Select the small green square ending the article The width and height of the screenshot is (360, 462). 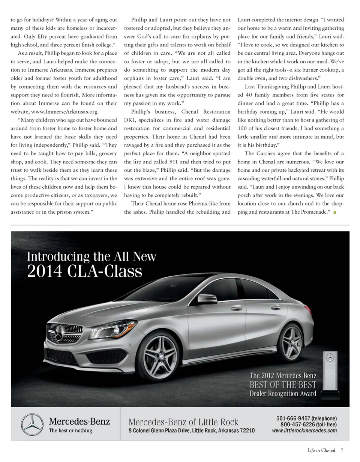334,213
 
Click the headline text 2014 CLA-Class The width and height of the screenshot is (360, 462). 85,271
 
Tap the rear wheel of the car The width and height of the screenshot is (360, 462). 291,342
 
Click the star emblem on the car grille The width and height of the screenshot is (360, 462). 59,332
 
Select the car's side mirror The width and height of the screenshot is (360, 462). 207,299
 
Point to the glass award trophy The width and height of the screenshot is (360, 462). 330,373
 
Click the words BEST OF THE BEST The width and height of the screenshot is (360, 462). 283,385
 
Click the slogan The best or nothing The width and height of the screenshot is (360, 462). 71,430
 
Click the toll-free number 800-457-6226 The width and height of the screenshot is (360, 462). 297,424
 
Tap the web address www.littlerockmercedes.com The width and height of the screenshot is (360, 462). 304,430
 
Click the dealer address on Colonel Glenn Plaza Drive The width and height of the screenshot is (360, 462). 191,430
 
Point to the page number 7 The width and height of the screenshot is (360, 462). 342,450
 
